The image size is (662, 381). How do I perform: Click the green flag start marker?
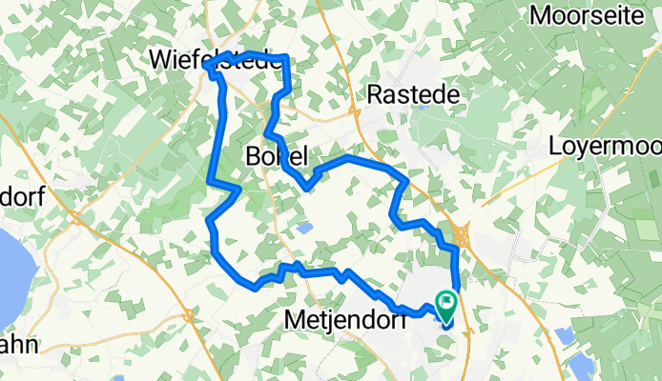[446, 304]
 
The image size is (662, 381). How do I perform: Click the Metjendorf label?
[345, 323]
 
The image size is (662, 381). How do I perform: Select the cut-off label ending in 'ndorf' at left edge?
[23, 197]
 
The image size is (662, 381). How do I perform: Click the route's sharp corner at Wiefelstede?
[207, 68]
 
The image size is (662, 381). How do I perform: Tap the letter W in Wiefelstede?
[161, 60]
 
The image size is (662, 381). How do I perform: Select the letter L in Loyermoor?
[557, 147]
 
